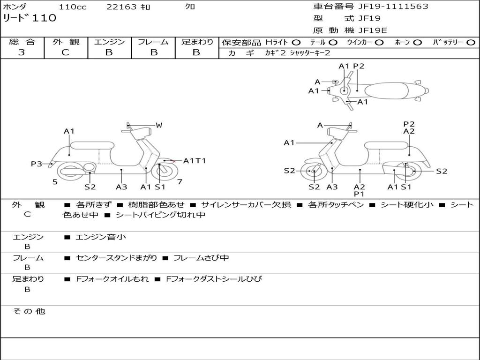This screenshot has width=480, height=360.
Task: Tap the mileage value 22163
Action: click(x=121, y=7)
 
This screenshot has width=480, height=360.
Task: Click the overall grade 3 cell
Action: click(x=22, y=52)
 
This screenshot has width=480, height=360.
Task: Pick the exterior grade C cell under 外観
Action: click(x=65, y=52)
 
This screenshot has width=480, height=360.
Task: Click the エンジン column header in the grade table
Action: click(x=109, y=42)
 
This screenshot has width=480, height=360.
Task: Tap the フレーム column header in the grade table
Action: click(x=153, y=42)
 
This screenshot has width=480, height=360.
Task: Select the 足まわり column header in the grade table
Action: click(x=197, y=42)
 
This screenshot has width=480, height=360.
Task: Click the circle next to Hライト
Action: click(x=296, y=43)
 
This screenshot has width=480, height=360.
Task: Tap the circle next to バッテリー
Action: click(x=471, y=43)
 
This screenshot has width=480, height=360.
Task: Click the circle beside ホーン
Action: click(x=417, y=43)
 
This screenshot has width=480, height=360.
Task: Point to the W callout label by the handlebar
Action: click(x=159, y=125)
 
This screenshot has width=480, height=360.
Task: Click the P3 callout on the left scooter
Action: click(x=37, y=164)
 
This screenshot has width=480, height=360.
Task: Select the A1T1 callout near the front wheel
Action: click(x=195, y=161)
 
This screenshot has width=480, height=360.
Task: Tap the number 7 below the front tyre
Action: click(x=180, y=181)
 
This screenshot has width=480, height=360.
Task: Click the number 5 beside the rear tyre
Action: click(x=55, y=181)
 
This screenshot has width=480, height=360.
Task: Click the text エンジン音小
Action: click(x=101, y=237)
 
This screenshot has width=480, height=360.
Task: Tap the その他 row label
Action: click(x=29, y=311)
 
